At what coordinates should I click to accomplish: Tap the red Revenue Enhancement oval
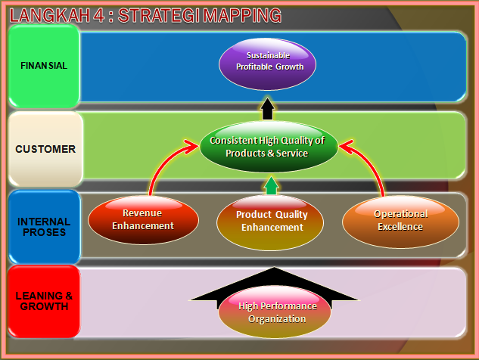pos(143,220)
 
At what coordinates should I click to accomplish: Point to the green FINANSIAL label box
pos(44,66)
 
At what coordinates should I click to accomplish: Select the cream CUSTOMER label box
pos(45,149)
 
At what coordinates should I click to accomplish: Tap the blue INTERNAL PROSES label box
pos(45,226)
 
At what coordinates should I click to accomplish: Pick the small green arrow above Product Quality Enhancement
pos(271,186)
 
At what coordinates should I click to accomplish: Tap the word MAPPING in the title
pos(244,14)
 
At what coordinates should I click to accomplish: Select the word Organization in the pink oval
pos(276,318)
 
